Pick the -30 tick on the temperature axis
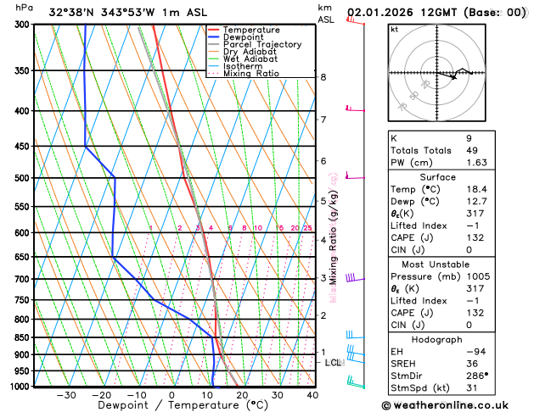pyautogui.click(x=66, y=394)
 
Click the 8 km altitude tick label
pyautogui.click(x=323, y=77)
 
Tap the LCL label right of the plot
pyautogui.click(x=334, y=363)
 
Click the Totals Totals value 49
pyautogui.click(x=472, y=150)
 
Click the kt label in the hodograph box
pyautogui.click(x=395, y=29)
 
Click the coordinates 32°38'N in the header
pyautogui.click(x=72, y=13)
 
